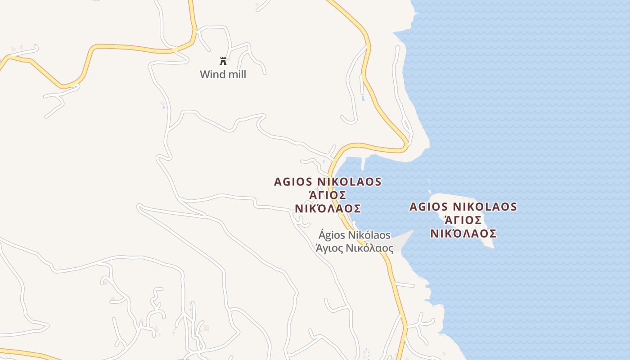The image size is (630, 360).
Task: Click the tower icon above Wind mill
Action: (223, 61)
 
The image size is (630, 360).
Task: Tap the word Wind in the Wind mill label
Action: (212, 74)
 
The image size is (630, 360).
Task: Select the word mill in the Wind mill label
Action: (236, 74)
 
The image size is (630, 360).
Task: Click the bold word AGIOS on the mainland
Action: (293, 182)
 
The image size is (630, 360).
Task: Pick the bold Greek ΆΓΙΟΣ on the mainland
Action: (328, 195)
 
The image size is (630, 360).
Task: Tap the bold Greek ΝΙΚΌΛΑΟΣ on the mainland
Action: (328, 209)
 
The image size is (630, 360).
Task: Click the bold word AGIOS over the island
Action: (428, 207)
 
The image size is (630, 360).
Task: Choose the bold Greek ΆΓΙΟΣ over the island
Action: (463, 220)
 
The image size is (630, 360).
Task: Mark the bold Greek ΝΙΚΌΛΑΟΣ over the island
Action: (463, 234)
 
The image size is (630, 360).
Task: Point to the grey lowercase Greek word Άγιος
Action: (330, 248)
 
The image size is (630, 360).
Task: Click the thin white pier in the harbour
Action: (363, 163)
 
